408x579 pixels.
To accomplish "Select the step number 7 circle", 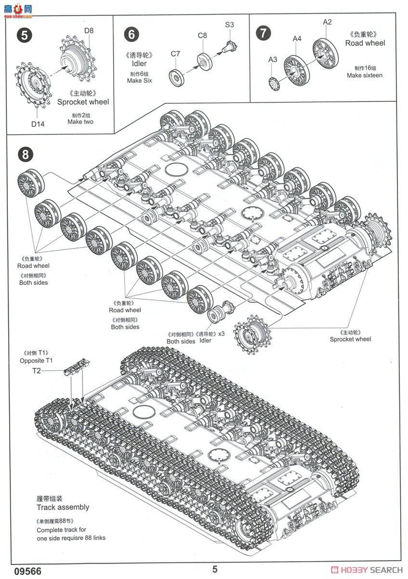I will [x=263, y=33].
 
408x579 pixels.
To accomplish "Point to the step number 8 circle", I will [x=25, y=154].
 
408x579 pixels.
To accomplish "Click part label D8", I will [x=89, y=31].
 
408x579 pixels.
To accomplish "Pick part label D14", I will [x=38, y=124].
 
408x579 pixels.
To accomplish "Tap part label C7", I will [x=175, y=55].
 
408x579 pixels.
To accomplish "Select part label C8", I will [x=202, y=35].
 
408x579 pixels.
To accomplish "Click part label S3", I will [x=229, y=24].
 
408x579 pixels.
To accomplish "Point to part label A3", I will [x=273, y=60].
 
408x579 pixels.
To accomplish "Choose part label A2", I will [x=328, y=22].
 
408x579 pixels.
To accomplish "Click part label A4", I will [x=297, y=39].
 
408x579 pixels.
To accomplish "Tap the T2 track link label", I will [x=37, y=371].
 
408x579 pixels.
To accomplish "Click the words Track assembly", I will [x=63, y=507].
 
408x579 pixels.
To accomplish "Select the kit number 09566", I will [x=18, y=570].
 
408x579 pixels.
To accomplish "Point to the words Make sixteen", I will [x=365, y=75].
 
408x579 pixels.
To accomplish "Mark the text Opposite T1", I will [x=37, y=360].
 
